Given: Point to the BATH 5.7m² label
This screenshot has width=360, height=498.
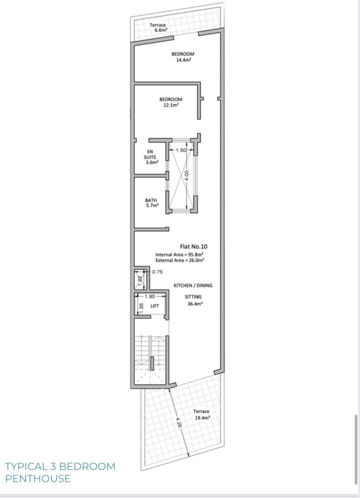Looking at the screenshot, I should (151, 203).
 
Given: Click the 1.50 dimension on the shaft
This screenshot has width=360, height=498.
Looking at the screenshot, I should (181, 150).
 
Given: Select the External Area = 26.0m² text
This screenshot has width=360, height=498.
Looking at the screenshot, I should (180, 260).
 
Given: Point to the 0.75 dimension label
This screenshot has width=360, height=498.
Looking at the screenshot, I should (157, 272).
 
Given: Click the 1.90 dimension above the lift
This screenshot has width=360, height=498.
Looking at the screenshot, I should (150, 296).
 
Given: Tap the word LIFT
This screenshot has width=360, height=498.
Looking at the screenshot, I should (154, 306).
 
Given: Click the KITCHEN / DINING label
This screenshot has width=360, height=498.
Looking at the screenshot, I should (193, 286).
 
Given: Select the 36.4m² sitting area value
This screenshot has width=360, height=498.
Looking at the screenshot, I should (193, 304).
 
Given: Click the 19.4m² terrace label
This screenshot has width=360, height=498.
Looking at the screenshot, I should (202, 417).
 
